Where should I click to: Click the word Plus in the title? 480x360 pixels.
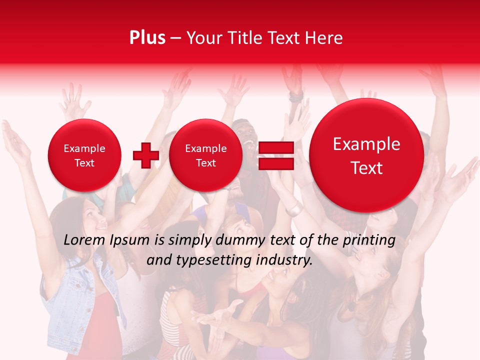[147, 38]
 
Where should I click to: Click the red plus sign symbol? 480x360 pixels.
[146, 155]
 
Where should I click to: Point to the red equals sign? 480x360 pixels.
[276, 155]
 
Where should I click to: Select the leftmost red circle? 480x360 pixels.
[84, 155]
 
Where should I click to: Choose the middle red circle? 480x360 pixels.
[206, 155]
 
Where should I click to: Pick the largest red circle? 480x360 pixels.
[366, 155]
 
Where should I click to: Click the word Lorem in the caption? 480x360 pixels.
[84, 240]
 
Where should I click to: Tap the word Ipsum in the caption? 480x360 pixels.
[130, 240]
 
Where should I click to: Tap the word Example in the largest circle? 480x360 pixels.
[366, 144]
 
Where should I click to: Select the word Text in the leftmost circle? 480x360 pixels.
[84, 163]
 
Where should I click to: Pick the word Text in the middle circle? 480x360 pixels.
[206, 163]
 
